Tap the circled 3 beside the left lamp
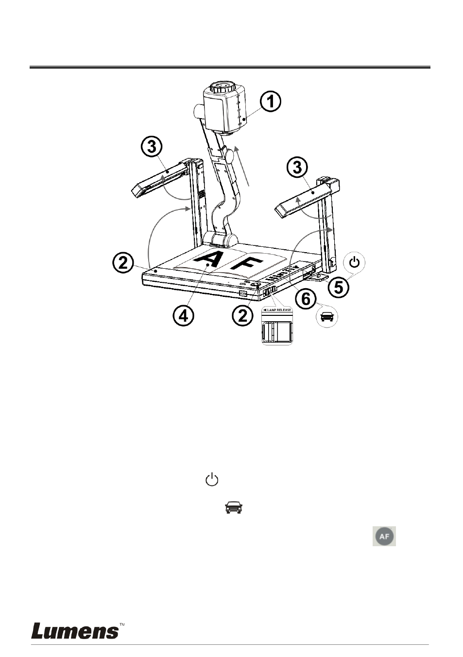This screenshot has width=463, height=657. [152, 148]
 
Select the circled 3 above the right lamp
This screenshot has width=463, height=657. [297, 168]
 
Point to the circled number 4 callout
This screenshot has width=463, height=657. [183, 316]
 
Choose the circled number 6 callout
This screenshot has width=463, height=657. [305, 299]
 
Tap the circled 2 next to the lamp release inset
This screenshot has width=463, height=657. [242, 316]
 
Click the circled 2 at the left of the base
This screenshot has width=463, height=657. [123, 263]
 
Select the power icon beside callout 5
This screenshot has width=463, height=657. [355, 262]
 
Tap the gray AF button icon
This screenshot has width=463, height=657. [384, 536]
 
